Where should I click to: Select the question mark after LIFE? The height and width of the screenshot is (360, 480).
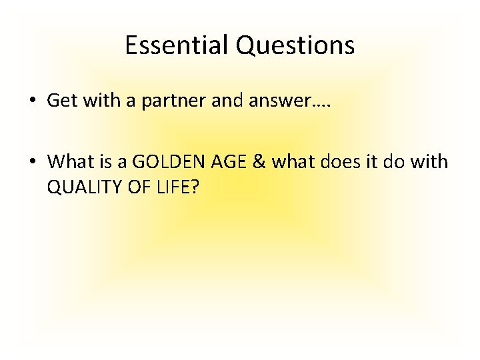coord(195,187)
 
